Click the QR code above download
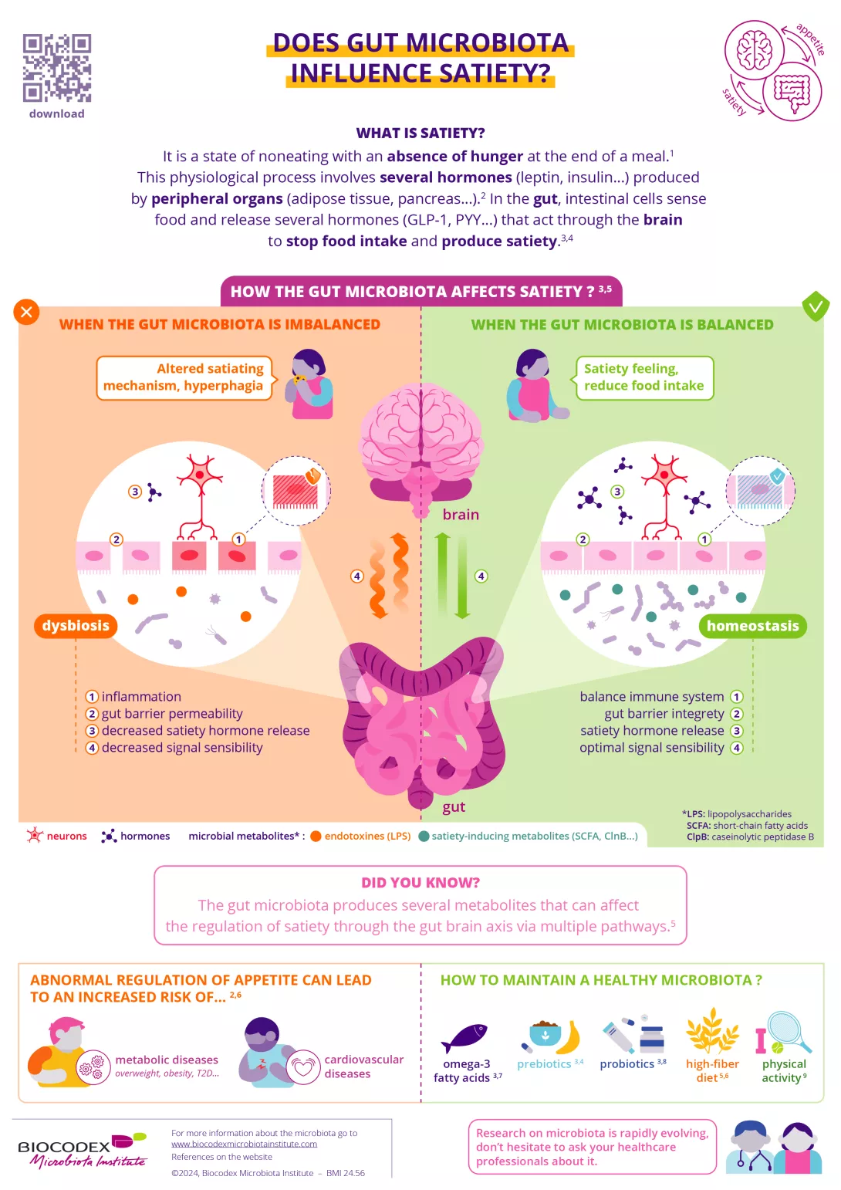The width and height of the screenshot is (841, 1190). point(57,68)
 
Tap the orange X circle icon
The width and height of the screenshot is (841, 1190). point(26,312)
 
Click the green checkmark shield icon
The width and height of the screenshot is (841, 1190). point(815,306)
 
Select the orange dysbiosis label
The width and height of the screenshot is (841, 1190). point(76,626)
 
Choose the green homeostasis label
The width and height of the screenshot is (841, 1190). point(752,626)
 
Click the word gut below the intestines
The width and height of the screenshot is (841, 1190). point(454,807)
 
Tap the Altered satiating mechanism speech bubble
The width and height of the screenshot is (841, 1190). point(184,377)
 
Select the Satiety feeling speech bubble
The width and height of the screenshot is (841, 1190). point(644,377)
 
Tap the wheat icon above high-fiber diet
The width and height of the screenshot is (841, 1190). point(712,1031)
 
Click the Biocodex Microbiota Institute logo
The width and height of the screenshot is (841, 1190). point(82,1151)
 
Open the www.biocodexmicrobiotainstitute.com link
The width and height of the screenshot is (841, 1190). point(244,1144)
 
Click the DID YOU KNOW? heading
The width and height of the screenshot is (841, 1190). point(420,883)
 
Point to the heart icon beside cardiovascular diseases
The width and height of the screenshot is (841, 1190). point(303,1067)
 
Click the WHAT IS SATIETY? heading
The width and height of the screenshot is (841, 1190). point(420,133)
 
